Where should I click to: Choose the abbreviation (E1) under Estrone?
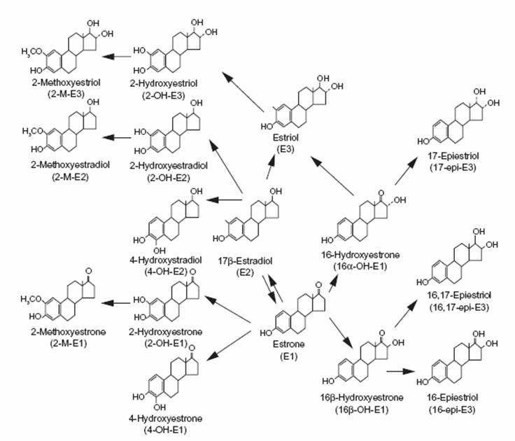click(x=281, y=344)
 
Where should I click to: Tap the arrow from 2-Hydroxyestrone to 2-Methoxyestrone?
click(x=115, y=303)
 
